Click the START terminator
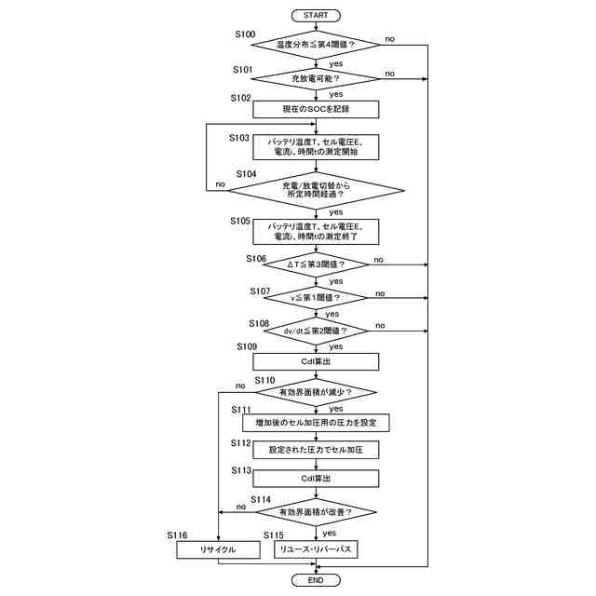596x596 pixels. (316, 15)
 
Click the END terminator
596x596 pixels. (316, 580)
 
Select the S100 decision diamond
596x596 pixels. (316, 45)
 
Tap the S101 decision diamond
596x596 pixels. (316, 77)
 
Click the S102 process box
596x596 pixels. (316, 110)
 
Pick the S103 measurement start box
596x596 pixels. (316, 146)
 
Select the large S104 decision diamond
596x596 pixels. (316, 190)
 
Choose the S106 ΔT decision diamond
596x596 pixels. (316, 264)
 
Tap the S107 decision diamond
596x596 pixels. (316, 298)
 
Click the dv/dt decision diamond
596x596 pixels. (316, 331)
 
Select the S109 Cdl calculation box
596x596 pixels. (316, 361)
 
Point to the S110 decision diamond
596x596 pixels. (316, 392)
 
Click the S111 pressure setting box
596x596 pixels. (316, 422)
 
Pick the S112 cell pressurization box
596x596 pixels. (316, 450)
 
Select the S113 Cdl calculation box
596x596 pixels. (316, 478)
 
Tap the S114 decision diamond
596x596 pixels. (316, 511)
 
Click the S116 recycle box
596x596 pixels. (217, 550)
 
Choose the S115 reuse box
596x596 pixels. (316, 550)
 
